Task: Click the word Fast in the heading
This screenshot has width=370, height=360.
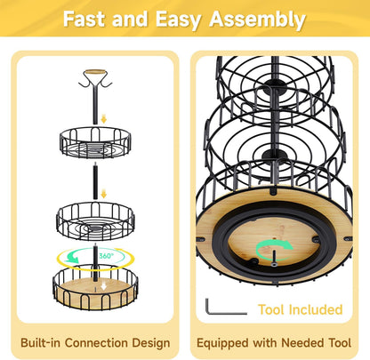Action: (85, 20)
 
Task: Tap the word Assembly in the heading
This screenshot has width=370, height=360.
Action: (257, 20)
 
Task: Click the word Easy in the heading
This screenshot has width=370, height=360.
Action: (178, 20)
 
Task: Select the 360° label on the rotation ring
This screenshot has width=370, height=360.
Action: (106, 255)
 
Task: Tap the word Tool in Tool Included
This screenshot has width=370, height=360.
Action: (272, 309)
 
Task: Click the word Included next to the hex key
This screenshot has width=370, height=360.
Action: (316, 309)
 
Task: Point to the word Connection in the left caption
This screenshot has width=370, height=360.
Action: (97, 343)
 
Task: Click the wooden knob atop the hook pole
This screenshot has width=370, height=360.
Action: (95, 72)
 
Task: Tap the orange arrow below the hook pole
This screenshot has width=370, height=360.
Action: (103, 119)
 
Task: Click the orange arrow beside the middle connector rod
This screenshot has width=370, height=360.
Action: (103, 195)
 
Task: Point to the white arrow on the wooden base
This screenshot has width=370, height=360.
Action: (103, 286)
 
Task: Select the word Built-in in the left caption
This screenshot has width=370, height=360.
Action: (41, 343)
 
